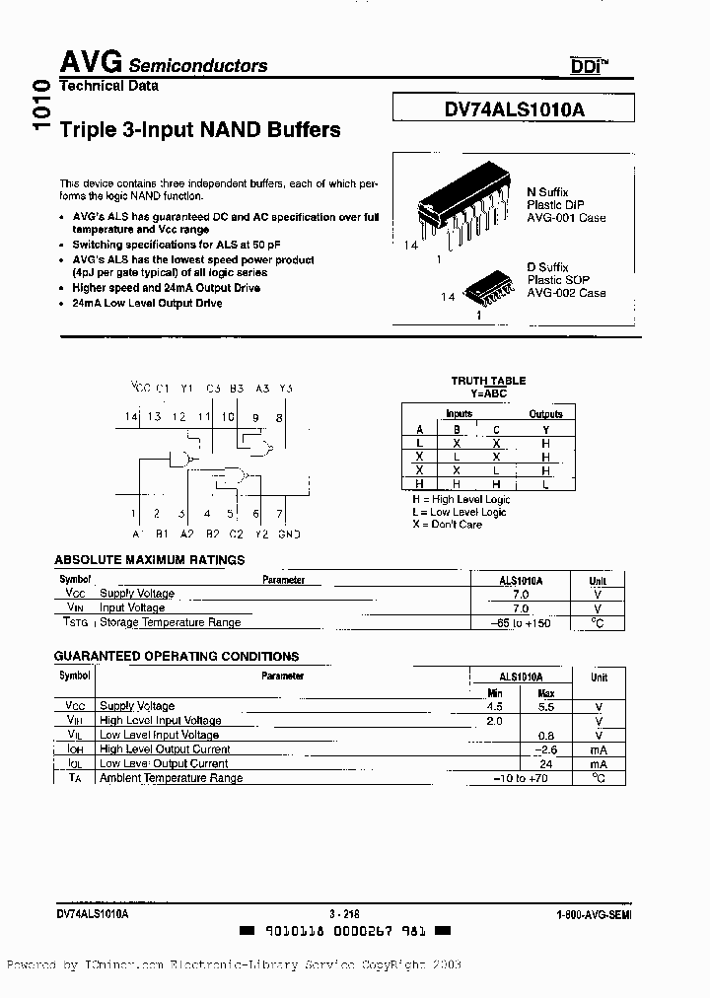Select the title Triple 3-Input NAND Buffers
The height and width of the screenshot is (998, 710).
coord(200,129)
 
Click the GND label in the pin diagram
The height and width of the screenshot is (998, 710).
coord(288,534)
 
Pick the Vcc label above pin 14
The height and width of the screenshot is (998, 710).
coord(140,389)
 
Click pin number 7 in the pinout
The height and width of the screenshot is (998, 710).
coord(279,514)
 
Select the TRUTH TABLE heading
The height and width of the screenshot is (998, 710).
coord(488,381)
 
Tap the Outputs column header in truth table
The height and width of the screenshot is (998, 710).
coord(545,414)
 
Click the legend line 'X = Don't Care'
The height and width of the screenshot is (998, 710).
coord(447,525)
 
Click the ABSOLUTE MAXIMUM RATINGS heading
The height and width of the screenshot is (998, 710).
coord(149,560)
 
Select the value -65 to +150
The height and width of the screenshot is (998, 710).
coord(521,623)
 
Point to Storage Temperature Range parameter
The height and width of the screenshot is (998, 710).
coord(170,622)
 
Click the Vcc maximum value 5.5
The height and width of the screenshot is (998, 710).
coord(546,707)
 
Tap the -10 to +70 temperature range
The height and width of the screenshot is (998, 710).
coord(521,778)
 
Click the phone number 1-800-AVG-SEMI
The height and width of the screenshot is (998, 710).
coord(593,915)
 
